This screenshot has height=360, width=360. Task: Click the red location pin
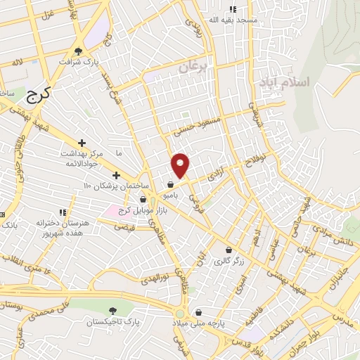pos(181,165)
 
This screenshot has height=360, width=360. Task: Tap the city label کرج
pos(39,94)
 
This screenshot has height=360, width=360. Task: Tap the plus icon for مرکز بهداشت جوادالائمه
pos(82,143)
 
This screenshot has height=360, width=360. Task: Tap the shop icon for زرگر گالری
pos(228,250)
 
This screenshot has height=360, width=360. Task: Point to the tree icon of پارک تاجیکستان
pos(112,310)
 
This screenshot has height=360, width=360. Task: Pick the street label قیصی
pos(124,227)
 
